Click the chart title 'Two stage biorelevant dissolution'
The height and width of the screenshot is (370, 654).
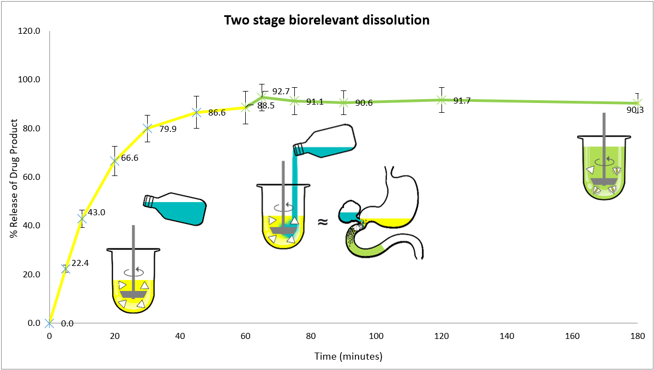[x=327, y=21]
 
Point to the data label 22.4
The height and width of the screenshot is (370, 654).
[x=80, y=263]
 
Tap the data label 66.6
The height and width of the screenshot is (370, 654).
[x=130, y=158]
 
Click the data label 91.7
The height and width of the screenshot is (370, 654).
[x=462, y=101]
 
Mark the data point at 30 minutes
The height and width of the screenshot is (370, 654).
[x=147, y=128]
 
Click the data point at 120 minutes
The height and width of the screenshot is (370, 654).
[x=441, y=100]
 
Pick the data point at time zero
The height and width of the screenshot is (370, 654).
[x=49, y=323]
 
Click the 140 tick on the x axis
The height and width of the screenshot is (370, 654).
[x=507, y=336]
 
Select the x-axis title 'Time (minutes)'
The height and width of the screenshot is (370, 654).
[x=348, y=356]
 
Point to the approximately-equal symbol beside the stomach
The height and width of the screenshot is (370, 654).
[x=323, y=222]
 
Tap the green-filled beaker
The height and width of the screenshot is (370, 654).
[x=604, y=169]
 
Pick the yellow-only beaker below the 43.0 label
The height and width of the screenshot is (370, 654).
[x=134, y=281]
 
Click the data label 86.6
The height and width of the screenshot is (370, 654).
[x=217, y=113]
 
